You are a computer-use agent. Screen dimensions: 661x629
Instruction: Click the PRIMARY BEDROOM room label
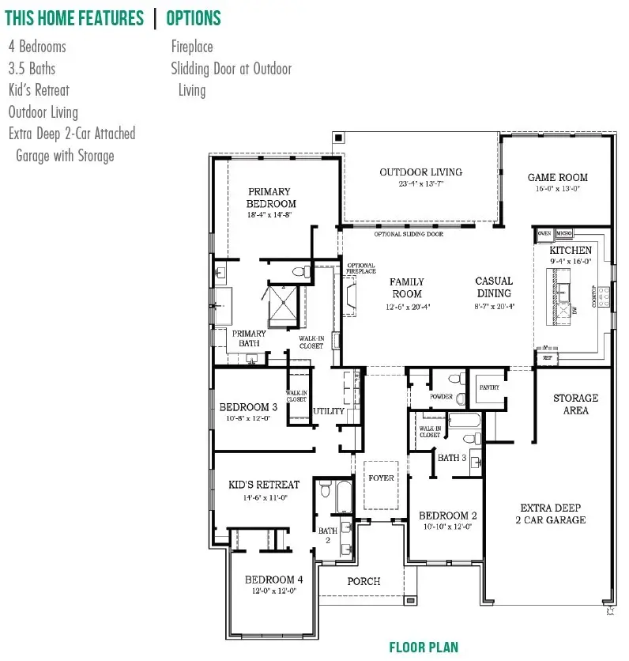[x=270, y=198]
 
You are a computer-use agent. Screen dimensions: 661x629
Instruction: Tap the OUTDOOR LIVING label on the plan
[x=420, y=172]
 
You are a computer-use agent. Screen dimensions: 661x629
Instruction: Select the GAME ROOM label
[x=557, y=178]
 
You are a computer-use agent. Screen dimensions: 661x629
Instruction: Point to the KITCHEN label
[x=571, y=251]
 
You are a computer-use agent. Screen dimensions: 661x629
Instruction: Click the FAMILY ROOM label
[x=407, y=288]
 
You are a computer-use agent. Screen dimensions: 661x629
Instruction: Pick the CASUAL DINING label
[x=495, y=287]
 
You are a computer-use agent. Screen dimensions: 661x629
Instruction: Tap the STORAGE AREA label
[x=575, y=404]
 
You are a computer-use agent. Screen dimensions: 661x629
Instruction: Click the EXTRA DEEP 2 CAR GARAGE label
[x=552, y=514]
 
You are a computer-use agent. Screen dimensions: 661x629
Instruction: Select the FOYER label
[x=381, y=478]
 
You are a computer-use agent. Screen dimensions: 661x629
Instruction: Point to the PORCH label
[x=363, y=581]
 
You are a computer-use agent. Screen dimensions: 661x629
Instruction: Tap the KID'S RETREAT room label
[x=264, y=485]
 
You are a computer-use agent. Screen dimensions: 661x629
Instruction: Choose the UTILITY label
[x=329, y=411]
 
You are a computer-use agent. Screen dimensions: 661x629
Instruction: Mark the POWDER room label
[x=441, y=396]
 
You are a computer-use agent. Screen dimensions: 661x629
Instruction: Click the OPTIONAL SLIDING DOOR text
[x=409, y=235]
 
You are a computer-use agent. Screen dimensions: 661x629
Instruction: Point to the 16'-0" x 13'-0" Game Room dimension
[x=557, y=189]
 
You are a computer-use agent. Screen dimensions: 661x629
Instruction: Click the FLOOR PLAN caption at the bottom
[x=424, y=648]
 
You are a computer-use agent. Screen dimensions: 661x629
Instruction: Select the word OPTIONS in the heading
[x=194, y=18]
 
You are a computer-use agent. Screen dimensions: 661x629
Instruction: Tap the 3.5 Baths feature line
[x=32, y=69]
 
